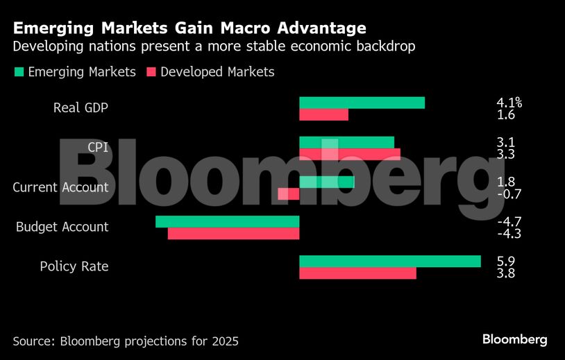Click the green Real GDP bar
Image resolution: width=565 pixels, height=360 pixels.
pyautogui.click(x=362, y=103)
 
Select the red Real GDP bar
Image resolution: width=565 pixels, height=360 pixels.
pyautogui.click(x=323, y=115)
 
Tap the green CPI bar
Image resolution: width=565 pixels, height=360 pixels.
pyautogui.click(x=346, y=142)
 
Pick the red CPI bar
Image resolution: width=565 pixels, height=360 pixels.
pyautogui.click(x=350, y=154)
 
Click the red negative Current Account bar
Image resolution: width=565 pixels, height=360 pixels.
pyautogui.click(x=288, y=194)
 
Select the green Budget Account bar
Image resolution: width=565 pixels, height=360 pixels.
pyautogui.click(x=227, y=221)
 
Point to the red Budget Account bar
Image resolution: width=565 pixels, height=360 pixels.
pyautogui.click(x=233, y=234)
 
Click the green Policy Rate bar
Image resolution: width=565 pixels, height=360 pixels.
pyautogui.click(x=389, y=262)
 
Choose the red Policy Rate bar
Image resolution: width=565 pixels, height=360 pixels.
pyautogui.click(x=357, y=273)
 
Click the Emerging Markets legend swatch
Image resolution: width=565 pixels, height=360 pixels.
pyautogui.click(x=18, y=72)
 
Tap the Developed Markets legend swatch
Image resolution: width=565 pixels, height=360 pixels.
pyautogui.click(x=151, y=72)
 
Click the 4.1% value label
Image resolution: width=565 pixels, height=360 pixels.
pyautogui.click(x=509, y=103)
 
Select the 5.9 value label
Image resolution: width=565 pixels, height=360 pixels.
pyautogui.click(x=506, y=262)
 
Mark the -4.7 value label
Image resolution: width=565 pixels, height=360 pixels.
pyautogui.click(x=509, y=221)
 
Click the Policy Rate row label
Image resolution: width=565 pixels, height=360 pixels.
pyautogui.click(x=74, y=267)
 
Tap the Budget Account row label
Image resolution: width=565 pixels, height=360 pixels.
pyautogui.click(x=62, y=227)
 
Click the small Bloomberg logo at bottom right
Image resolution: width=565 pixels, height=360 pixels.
pyautogui.click(x=514, y=339)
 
